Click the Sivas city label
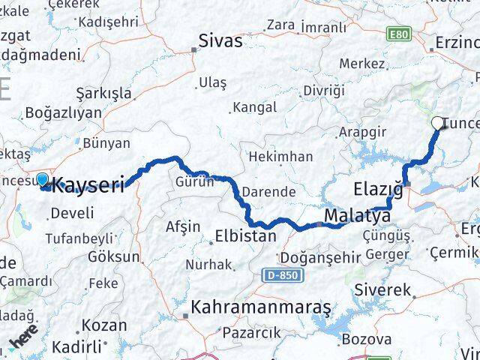(220, 40)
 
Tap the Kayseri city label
(88, 185)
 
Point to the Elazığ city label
(378, 188)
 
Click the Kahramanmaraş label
(260, 307)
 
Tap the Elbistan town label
(247, 235)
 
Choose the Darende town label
(268, 192)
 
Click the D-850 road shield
(279, 276)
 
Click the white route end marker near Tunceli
(438, 124)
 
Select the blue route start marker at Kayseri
(42, 180)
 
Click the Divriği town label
(325, 91)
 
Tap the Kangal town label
(255, 107)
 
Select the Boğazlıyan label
(63, 112)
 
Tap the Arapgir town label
(361, 131)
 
